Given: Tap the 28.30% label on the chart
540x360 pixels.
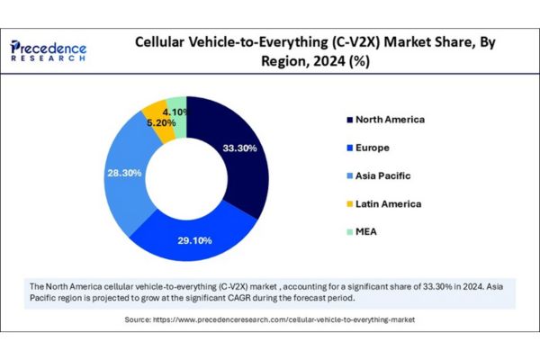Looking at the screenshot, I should pos(123,172).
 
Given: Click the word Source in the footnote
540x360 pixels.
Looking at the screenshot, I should pos(139,319).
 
